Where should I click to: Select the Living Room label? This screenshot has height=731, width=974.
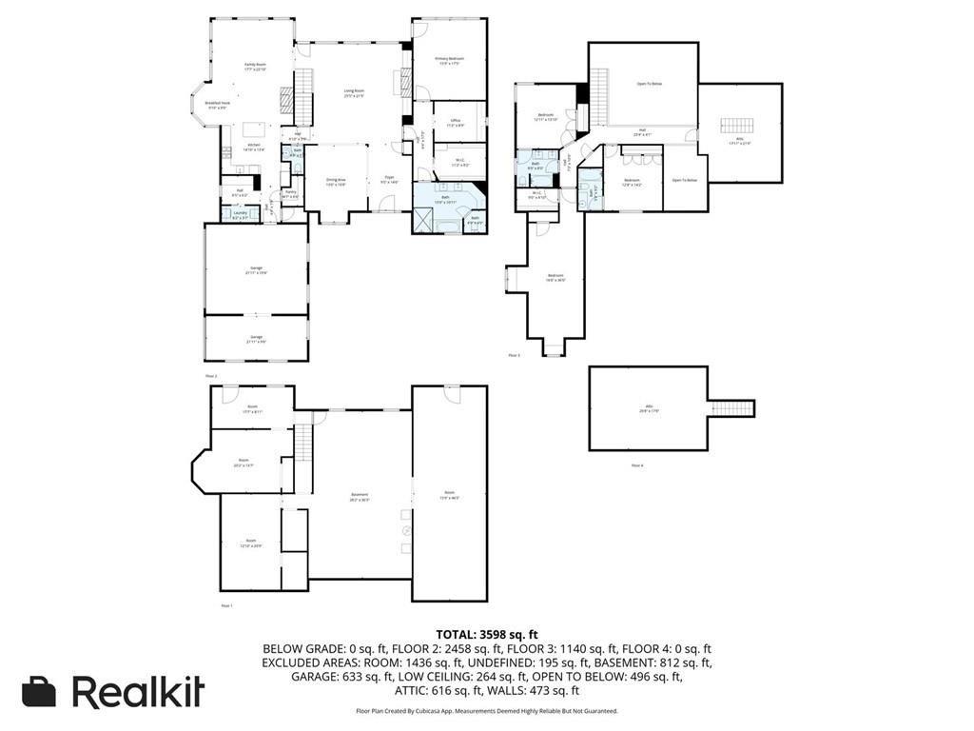click(x=355, y=93)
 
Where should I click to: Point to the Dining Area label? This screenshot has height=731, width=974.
click(x=336, y=181)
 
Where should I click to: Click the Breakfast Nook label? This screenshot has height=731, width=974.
click(x=218, y=105)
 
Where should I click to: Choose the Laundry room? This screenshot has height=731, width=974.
click(x=241, y=215)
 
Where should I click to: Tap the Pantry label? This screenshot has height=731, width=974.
click(x=291, y=194)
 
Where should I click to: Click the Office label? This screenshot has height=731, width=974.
click(x=456, y=122)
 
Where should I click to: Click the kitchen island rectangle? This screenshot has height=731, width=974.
click(x=254, y=128)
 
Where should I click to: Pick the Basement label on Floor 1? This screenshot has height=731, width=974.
click(x=360, y=496)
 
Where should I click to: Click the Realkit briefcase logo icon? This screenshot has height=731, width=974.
click(x=39, y=692)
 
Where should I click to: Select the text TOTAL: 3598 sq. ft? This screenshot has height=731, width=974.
click(x=487, y=634)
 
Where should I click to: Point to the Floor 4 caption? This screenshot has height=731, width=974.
click(x=636, y=465)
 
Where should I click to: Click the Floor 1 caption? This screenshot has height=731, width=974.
click(x=226, y=605)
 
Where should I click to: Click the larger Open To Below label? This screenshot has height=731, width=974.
click(x=650, y=84)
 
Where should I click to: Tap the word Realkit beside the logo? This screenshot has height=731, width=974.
click(x=139, y=692)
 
